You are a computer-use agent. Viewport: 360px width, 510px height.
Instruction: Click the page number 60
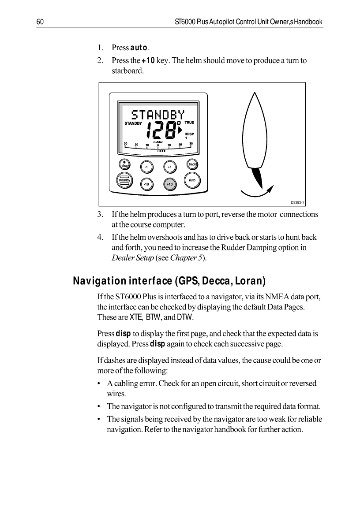39,22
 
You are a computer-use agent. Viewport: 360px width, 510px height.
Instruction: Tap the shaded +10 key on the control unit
170,183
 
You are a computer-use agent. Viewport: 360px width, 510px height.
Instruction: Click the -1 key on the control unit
146,167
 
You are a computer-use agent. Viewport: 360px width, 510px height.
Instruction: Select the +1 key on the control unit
170,167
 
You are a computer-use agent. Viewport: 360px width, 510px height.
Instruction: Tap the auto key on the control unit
192,180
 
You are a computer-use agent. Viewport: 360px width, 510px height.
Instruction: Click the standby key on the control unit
124,180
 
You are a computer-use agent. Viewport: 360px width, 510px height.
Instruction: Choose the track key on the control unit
192,164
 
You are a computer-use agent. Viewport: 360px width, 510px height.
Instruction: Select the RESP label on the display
189,133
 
